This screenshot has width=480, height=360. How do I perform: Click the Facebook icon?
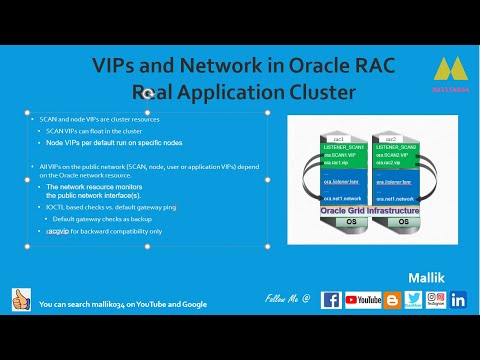(331, 299)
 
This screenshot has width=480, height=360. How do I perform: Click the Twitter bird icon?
(413, 299)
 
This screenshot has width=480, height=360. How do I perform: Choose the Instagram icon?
(435, 299)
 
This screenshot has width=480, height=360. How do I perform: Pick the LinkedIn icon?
(458, 299)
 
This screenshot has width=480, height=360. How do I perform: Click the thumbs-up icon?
(21, 301)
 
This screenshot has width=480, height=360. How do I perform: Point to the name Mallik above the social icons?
(428, 273)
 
